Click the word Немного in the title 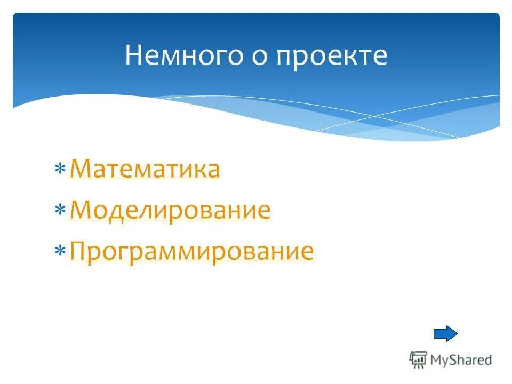tap(182, 56)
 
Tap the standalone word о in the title tap(260, 57)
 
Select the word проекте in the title tap(332, 57)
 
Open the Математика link tap(145, 170)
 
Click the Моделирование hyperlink tap(170, 211)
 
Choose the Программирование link tap(191, 252)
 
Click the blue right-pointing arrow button tap(445, 334)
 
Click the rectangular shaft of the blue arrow tap(440, 334)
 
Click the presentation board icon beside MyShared tap(418, 359)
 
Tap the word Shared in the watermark tap(470, 360)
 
